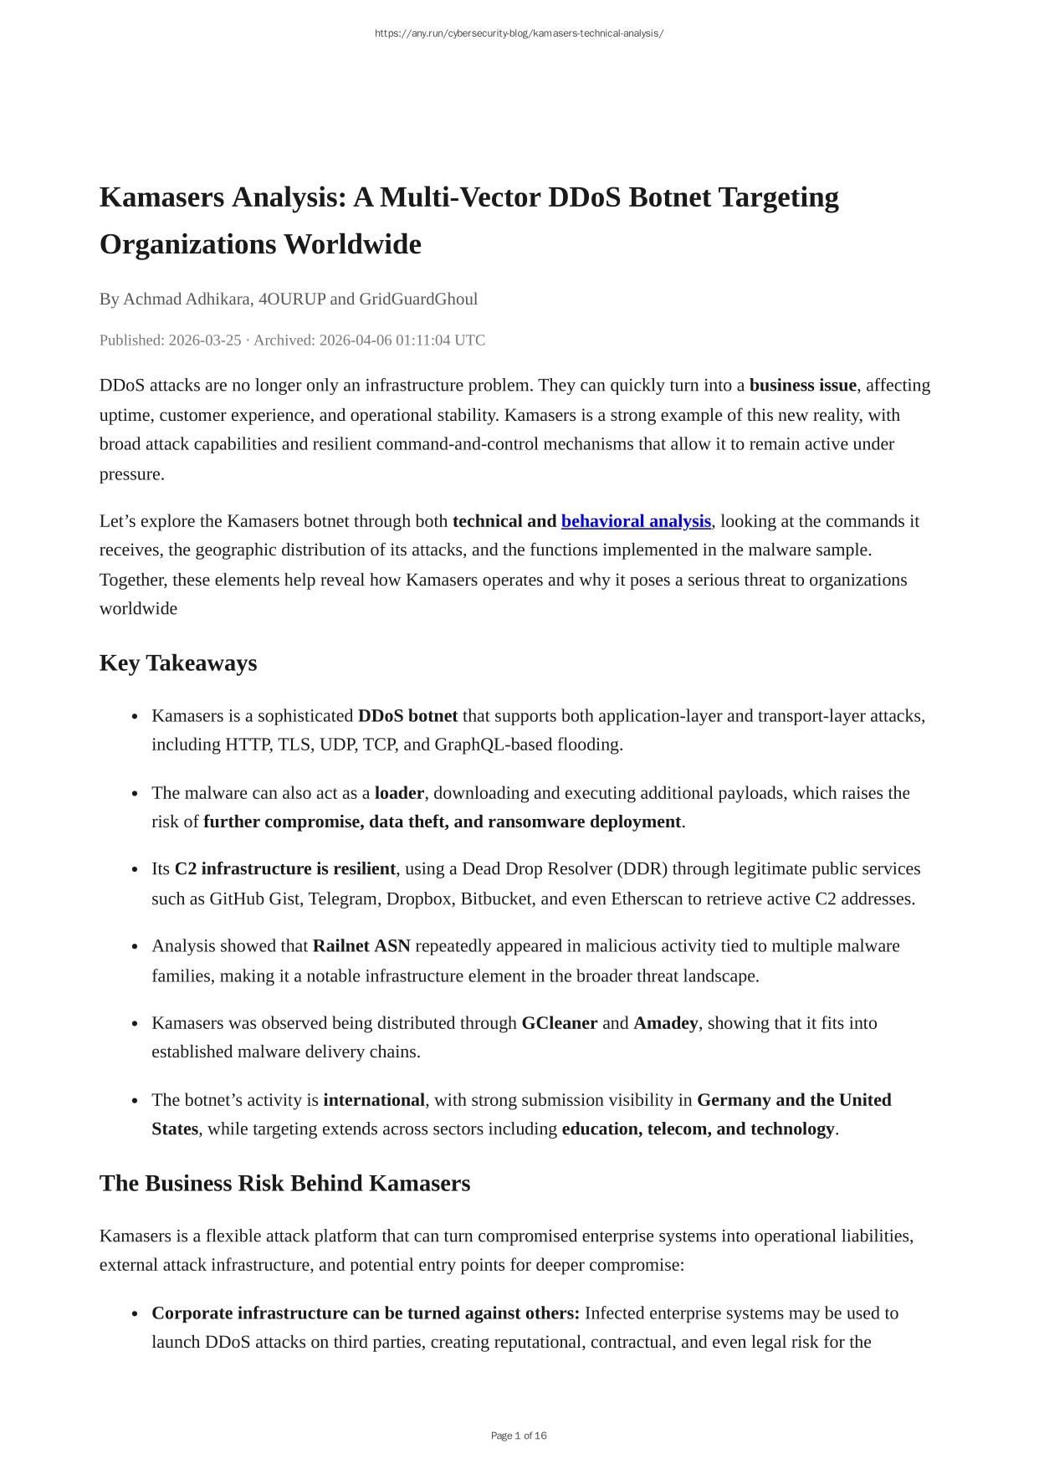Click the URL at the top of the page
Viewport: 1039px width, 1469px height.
pos(519,33)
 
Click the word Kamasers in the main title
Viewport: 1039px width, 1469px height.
pos(161,198)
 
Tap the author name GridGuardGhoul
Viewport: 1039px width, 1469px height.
pos(418,299)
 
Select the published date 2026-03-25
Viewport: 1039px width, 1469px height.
pos(204,340)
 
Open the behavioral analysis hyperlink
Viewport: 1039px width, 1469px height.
pos(636,521)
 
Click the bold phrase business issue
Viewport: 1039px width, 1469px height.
pos(802,386)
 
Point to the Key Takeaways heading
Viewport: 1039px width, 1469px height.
pos(178,663)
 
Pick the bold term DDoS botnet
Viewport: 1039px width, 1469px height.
pos(407,716)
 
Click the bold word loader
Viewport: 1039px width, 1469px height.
pos(399,793)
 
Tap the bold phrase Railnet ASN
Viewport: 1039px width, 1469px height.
pos(361,946)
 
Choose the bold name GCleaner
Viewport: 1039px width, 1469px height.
pos(559,1023)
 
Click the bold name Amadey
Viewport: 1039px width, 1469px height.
pos(665,1023)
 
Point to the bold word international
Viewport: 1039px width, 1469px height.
pos(374,1100)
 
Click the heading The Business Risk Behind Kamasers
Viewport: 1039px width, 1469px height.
pos(284,1184)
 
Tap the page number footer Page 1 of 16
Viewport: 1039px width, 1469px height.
pos(519,1436)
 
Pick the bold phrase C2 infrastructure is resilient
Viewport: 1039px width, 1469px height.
pos(284,869)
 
